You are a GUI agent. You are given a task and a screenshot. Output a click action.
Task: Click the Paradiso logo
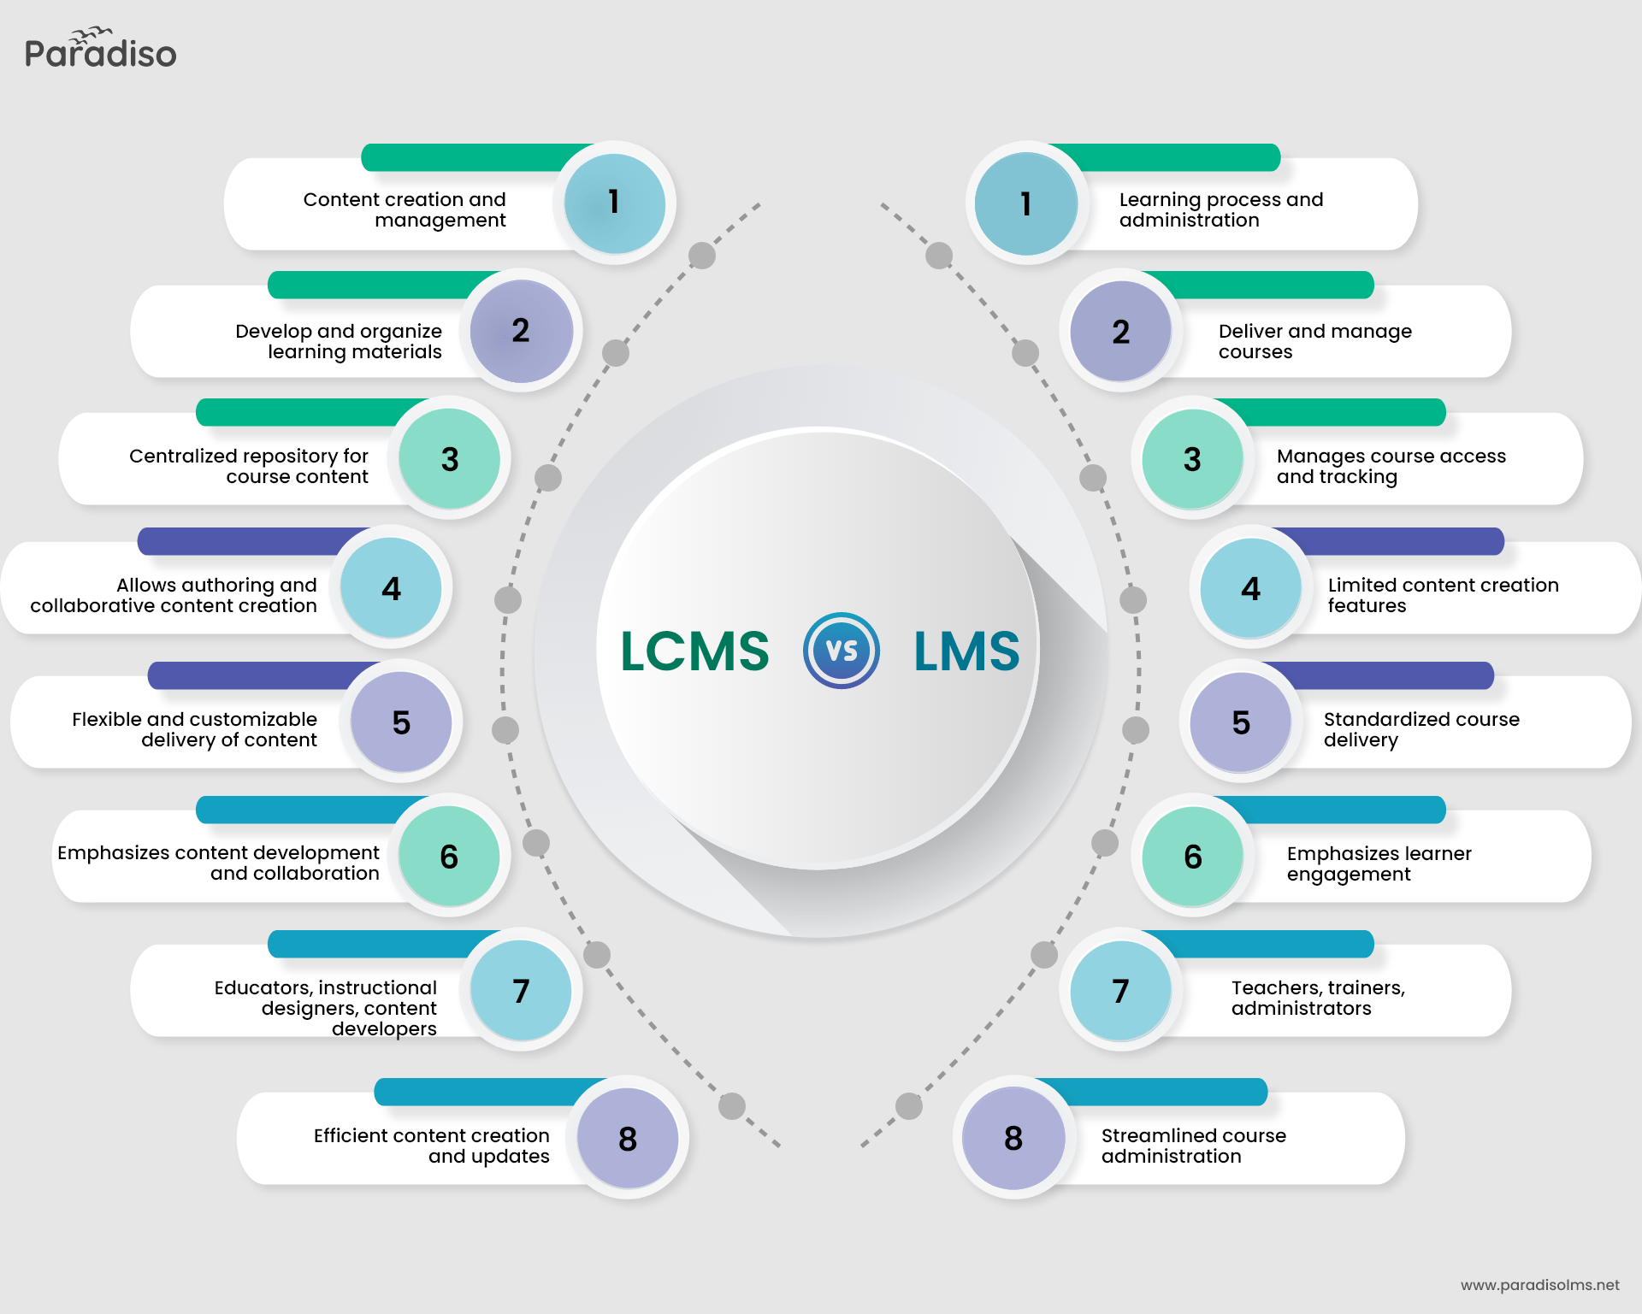pyautogui.click(x=100, y=50)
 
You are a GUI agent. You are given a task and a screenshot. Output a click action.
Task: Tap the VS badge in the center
pyautogui.click(x=842, y=651)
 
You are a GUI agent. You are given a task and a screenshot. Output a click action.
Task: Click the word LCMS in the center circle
pyautogui.click(x=694, y=651)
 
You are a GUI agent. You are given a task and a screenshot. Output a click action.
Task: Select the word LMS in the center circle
pyautogui.click(x=966, y=651)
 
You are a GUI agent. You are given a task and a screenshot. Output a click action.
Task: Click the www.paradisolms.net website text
pyautogui.click(x=1539, y=1285)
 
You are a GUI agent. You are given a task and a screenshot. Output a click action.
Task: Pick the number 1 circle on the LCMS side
pyautogui.click(x=614, y=203)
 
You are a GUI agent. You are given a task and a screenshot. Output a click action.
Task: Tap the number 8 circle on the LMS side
pyautogui.click(x=1013, y=1138)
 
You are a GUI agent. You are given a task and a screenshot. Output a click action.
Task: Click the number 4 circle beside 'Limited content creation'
pyautogui.click(x=1250, y=588)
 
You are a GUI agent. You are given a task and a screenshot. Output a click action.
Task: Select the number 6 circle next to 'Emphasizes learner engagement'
pyautogui.click(x=1193, y=857)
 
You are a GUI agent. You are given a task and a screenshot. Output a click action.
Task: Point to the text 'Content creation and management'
pyautogui.click(x=405, y=209)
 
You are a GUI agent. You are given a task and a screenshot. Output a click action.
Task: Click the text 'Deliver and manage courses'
pyautogui.click(x=1314, y=341)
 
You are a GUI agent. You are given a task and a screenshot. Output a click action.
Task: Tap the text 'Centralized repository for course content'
pyautogui.click(x=249, y=466)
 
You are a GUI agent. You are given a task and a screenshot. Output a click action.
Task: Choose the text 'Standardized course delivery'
pyautogui.click(x=1421, y=729)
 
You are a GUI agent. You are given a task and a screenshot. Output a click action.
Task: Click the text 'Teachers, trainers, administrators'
pyautogui.click(x=1318, y=998)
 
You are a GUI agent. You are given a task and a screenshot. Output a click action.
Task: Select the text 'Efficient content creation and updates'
pyautogui.click(x=432, y=1146)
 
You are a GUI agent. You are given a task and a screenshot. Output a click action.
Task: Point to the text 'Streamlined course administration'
pyautogui.click(x=1193, y=1146)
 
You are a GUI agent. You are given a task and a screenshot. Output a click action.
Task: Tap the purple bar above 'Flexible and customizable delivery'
pyautogui.click(x=257, y=675)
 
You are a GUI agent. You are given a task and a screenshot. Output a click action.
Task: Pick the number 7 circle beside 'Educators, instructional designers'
pyautogui.click(x=521, y=991)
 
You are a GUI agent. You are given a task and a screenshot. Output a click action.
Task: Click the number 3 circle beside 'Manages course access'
pyautogui.click(x=1192, y=459)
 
